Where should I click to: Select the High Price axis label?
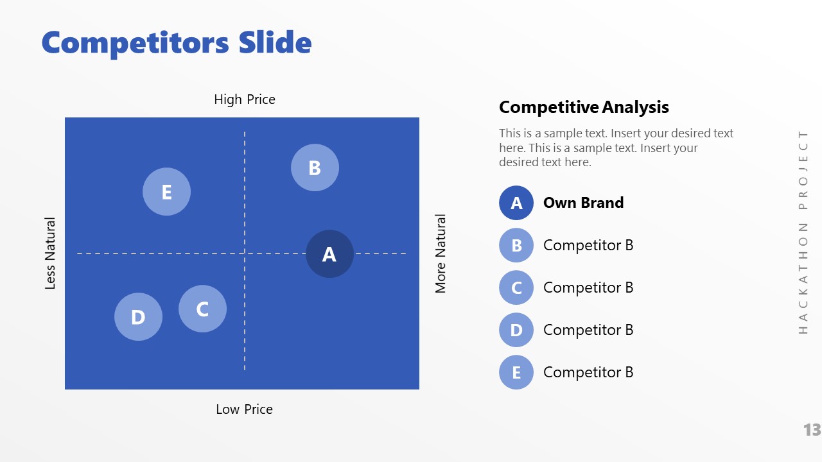pos(245,99)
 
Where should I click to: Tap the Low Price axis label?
pos(244,409)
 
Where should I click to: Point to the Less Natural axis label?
pos(51,253)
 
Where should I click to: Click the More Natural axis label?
pos(441,253)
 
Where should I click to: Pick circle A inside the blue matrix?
pos(329,254)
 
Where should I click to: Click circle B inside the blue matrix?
pos(315,167)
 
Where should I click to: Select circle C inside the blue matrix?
pos(202,309)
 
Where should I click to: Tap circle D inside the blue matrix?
pos(138,317)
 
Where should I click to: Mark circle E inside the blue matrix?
pos(166,192)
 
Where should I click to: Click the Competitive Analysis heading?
pos(584,107)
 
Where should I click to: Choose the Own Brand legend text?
pos(583,203)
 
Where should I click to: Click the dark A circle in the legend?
pos(516,203)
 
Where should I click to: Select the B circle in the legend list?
pos(516,245)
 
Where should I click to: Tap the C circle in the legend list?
pos(516,287)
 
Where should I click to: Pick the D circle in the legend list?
pos(516,330)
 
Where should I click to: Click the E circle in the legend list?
pos(516,372)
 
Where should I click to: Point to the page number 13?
pos(812,430)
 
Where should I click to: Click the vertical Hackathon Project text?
pos(803,232)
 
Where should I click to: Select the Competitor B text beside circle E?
pos(588,372)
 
